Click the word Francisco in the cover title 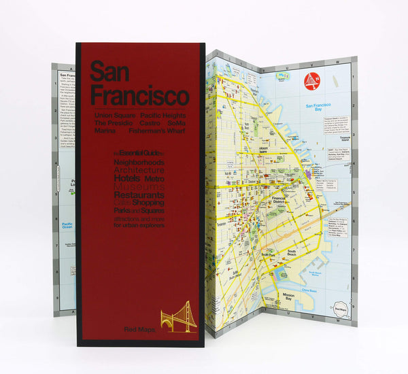point(139,95)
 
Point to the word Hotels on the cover point(129,179)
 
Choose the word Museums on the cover point(139,186)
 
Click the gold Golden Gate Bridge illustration point(178,318)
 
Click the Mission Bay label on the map point(288,296)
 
